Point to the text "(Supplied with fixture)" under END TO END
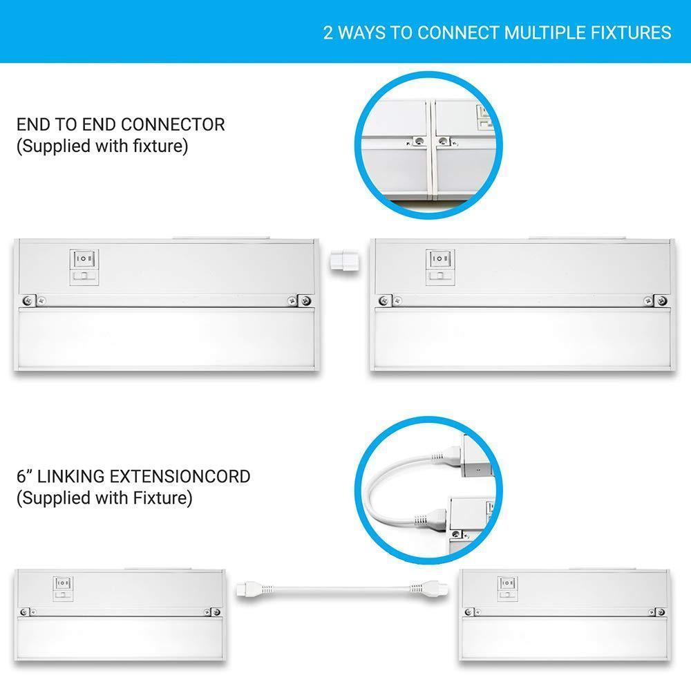coord(102,146)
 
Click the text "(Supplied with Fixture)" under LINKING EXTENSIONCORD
coord(104,498)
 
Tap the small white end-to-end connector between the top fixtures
coord(344,263)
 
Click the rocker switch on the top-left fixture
coord(84,258)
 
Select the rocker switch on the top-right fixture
coord(439,258)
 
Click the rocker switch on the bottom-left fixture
coord(63,583)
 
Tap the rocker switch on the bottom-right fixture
coord(507,583)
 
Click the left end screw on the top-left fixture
coord(28,301)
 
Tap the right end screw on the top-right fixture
coord(661,301)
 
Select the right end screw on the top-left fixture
coord(305,301)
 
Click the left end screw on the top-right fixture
coord(385,301)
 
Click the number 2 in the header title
coord(328,33)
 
